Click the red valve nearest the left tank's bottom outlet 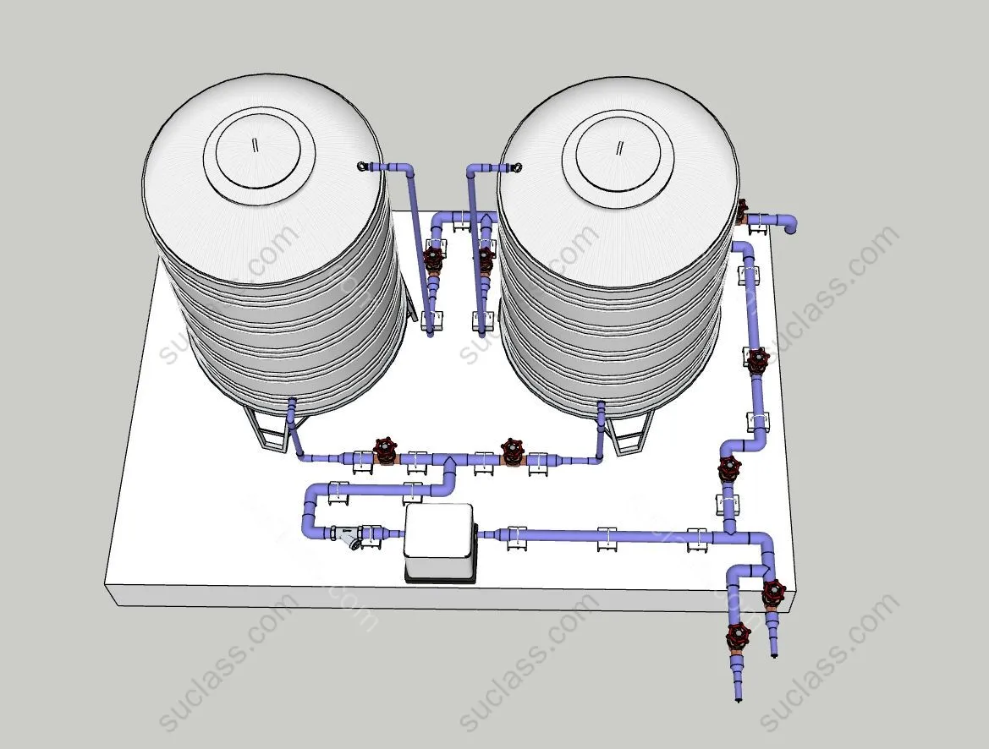point(384,451)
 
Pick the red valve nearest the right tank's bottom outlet point(512,451)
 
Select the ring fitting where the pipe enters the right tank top point(515,167)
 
